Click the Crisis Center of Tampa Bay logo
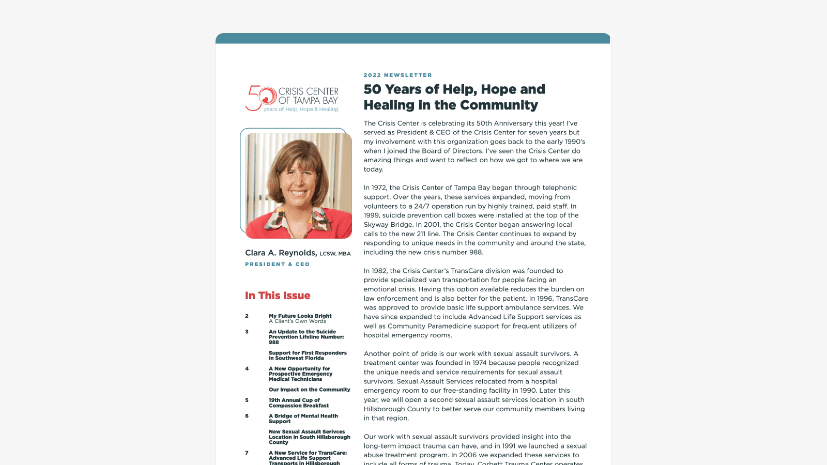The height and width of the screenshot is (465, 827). click(292, 99)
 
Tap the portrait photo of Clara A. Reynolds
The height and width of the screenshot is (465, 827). click(299, 185)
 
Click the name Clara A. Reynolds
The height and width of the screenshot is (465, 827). click(281, 253)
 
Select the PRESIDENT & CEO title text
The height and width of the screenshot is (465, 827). click(278, 264)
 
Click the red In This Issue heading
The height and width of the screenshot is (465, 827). click(278, 296)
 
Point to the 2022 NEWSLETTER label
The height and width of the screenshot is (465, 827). click(397, 75)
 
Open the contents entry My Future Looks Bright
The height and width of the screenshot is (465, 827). click(300, 316)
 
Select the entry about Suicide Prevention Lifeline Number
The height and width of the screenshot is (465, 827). click(306, 337)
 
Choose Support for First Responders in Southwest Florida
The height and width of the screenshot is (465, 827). click(308, 355)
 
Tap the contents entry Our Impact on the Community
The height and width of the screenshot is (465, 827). click(309, 390)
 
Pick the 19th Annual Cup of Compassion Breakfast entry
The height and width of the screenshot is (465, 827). click(298, 403)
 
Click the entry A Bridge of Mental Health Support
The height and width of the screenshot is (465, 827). click(303, 419)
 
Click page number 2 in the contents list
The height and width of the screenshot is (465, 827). click(247, 316)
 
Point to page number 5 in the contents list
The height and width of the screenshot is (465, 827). click(247, 400)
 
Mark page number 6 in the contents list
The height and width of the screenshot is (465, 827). click(247, 416)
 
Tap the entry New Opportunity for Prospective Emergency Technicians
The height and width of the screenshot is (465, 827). click(300, 374)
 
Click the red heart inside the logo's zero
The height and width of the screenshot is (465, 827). click(266, 100)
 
